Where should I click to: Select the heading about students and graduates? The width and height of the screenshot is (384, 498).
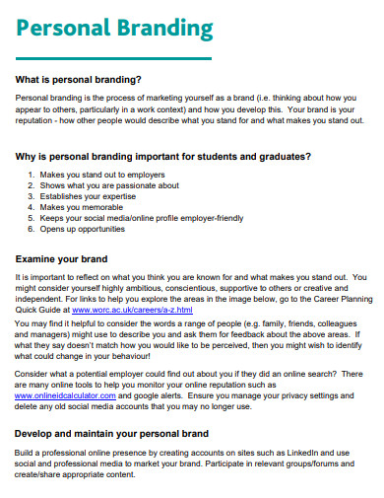[x=164, y=156]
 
